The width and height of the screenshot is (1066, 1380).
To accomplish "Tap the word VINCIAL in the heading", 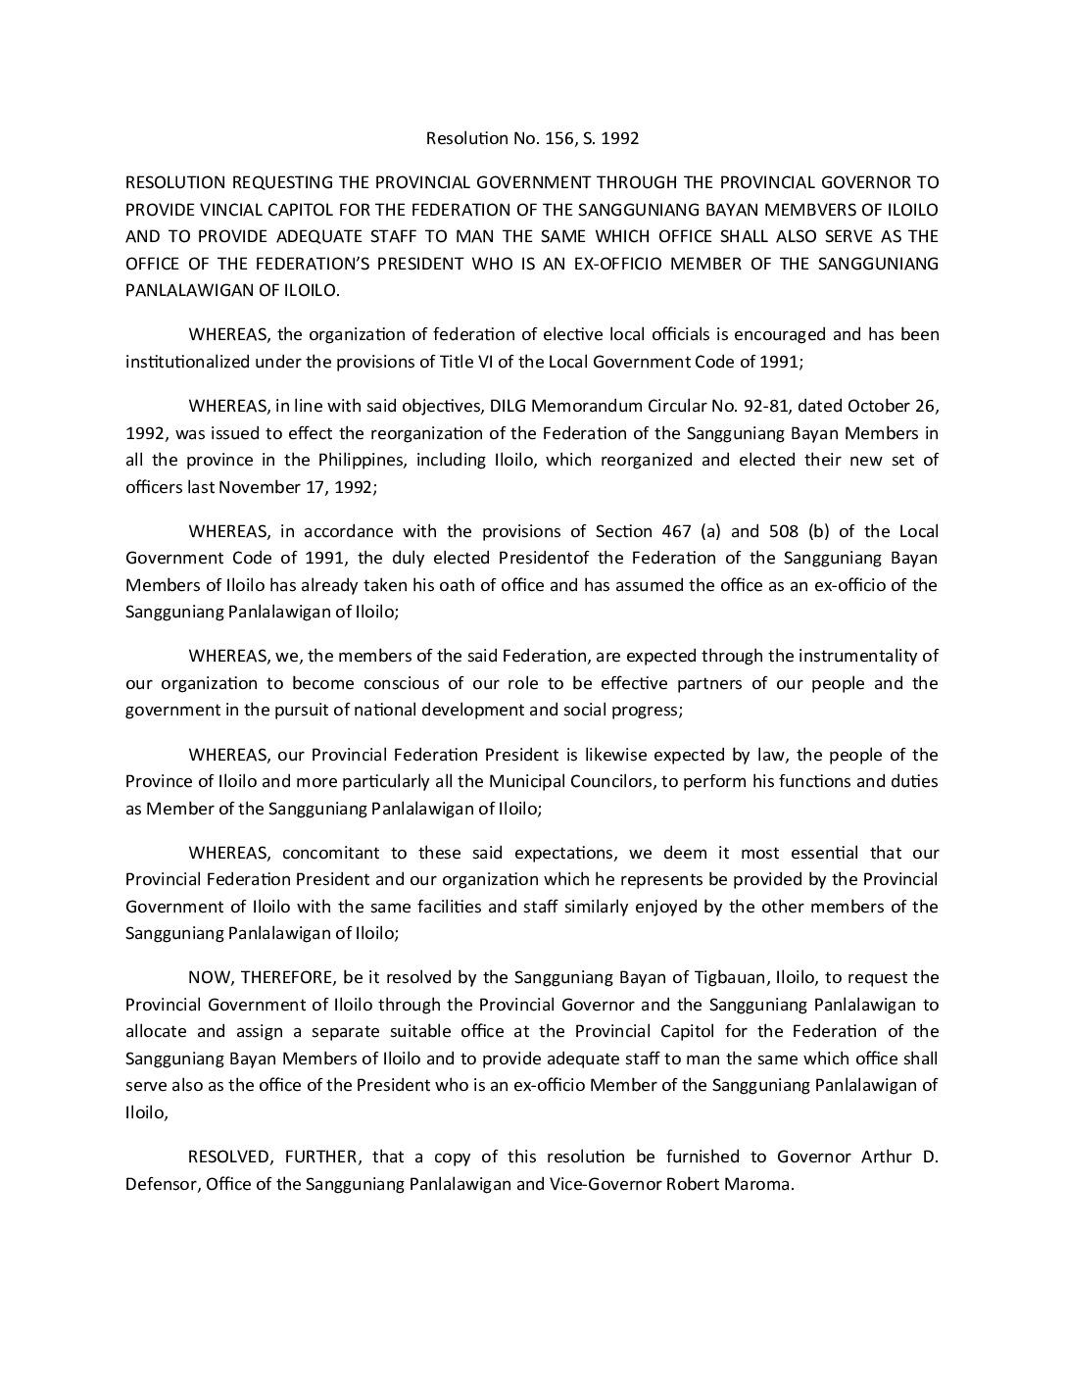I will point(235,209).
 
